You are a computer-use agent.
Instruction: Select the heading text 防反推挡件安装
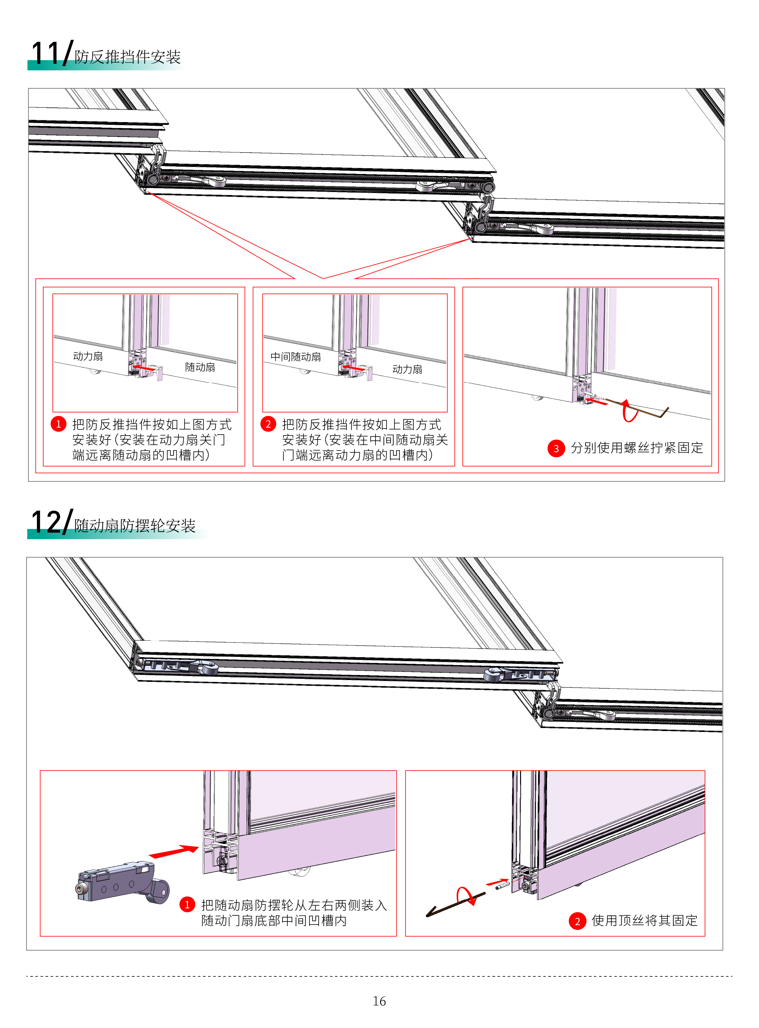128,57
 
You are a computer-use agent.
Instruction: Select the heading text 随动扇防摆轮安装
135,526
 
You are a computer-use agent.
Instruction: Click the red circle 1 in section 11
58,424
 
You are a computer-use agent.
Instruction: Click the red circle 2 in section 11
268,424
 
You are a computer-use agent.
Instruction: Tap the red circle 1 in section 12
187,905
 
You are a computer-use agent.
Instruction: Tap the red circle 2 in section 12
577,921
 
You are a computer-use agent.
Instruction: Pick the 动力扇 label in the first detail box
88,356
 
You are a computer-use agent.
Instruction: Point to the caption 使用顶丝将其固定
645,921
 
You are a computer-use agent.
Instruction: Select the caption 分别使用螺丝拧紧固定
637,448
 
